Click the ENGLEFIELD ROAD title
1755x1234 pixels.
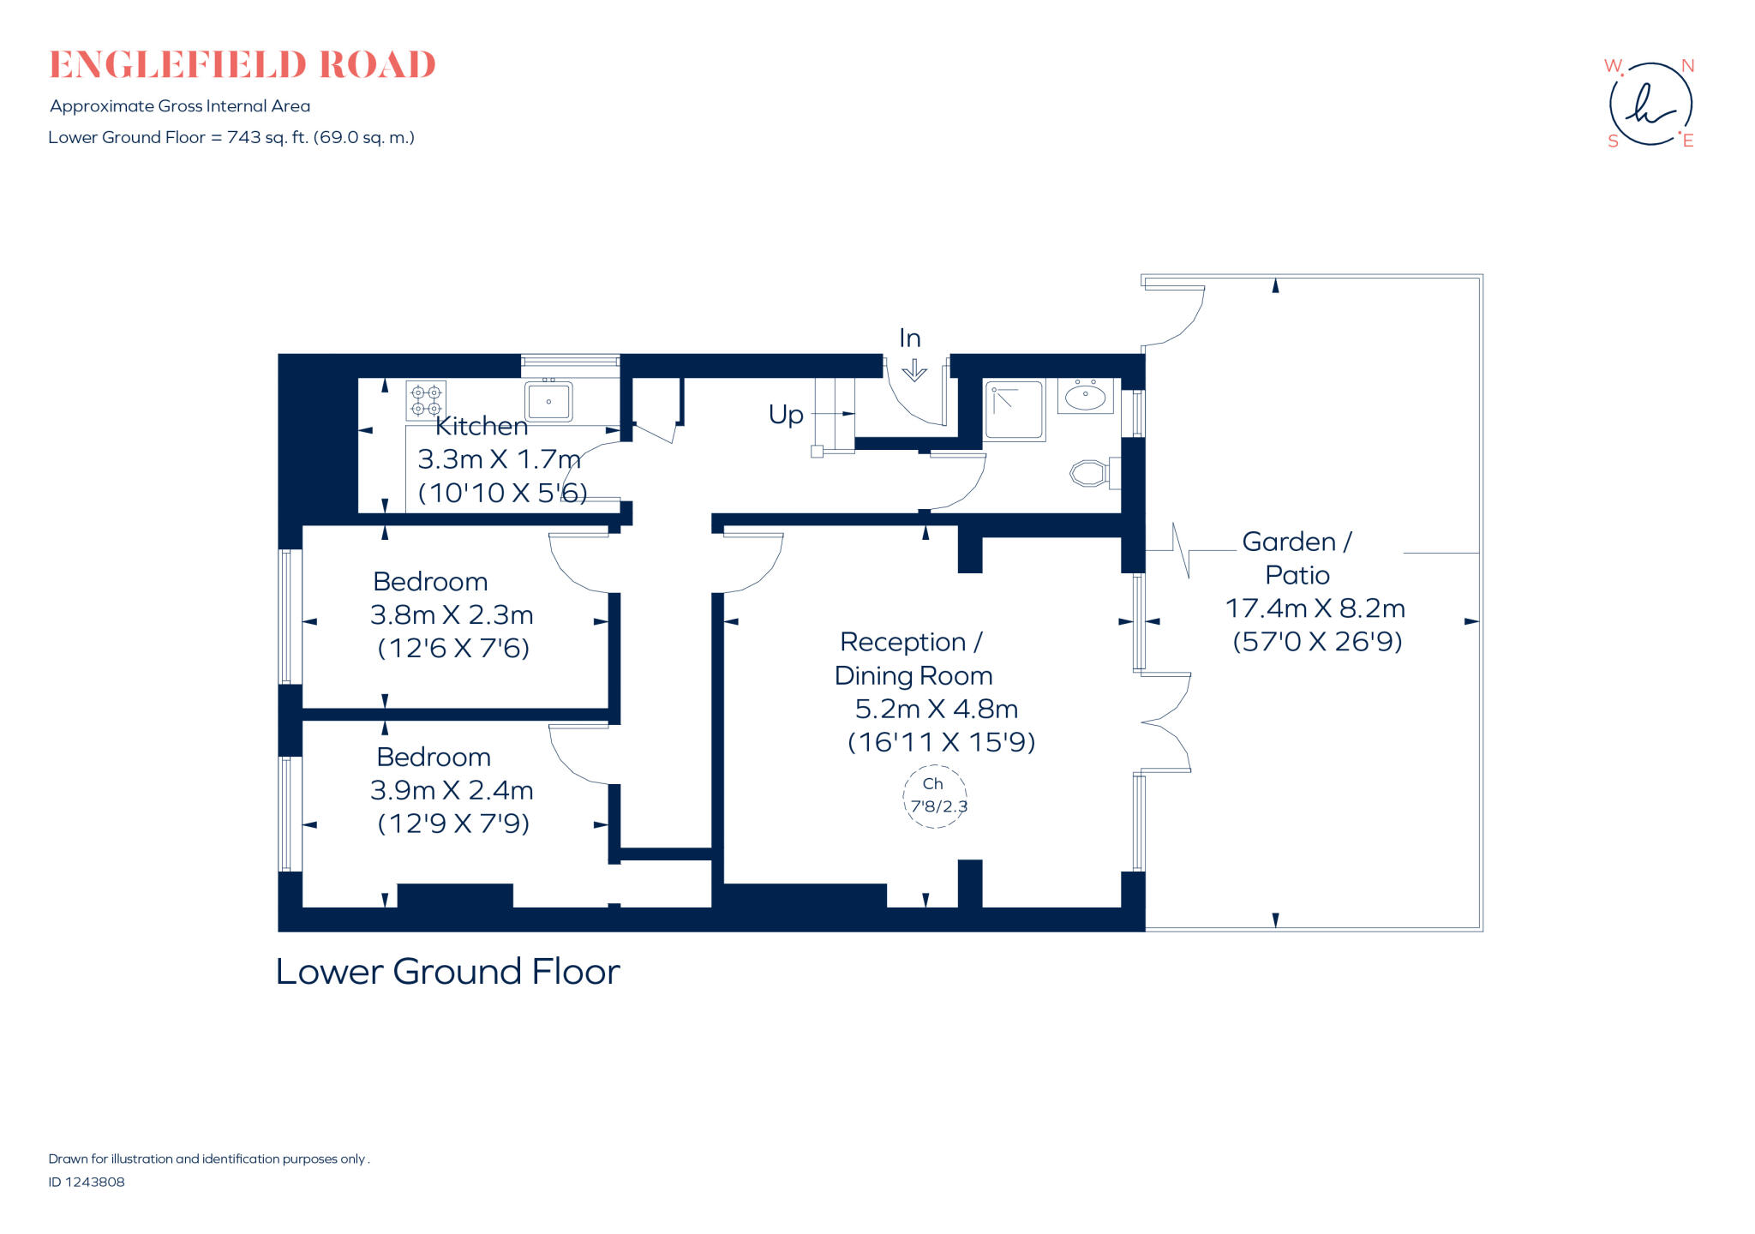click(243, 65)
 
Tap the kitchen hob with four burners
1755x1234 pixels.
click(425, 400)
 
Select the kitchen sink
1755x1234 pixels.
click(548, 401)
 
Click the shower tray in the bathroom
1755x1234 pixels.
click(1014, 410)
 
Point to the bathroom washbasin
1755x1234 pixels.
click(1085, 396)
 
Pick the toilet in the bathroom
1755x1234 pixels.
click(1090, 473)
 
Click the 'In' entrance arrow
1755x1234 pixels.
click(914, 369)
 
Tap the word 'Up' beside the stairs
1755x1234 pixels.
click(786, 415)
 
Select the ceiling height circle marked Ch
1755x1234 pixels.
click(935, 796)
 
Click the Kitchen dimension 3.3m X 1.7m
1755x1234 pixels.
click(499, 459)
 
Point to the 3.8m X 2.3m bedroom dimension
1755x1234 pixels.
click(452, 615)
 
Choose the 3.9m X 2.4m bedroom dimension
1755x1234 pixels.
click(452, 790)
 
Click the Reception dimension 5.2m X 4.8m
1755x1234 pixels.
click(937, 710)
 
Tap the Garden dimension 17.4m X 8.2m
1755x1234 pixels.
click(1315, 608)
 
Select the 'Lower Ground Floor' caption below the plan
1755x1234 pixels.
click(447, 972)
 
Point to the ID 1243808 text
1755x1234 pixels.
click(87, 1182)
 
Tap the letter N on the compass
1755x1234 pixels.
click(1687, 66)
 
